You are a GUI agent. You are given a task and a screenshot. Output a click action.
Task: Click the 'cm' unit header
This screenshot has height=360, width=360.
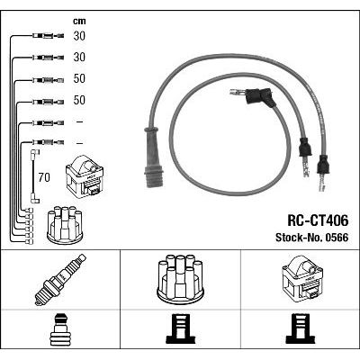(79, 22)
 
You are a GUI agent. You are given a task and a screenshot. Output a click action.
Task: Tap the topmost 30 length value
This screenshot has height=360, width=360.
(79, 36)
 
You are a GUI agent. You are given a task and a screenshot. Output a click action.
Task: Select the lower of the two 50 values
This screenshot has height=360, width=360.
(79, 100)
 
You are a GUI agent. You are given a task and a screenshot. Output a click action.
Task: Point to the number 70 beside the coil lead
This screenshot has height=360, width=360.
(44, 177)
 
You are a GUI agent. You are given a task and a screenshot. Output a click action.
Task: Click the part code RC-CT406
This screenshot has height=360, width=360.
(318, 221)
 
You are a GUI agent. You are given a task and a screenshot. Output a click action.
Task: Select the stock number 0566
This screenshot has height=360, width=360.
(336, 238)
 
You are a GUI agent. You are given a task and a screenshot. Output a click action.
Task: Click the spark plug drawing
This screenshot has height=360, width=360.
(60, 280)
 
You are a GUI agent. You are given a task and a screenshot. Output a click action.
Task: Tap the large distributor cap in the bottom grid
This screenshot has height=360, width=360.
(180, 278)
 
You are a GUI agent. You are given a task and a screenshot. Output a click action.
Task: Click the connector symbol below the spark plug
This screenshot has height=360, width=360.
(60, 329)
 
